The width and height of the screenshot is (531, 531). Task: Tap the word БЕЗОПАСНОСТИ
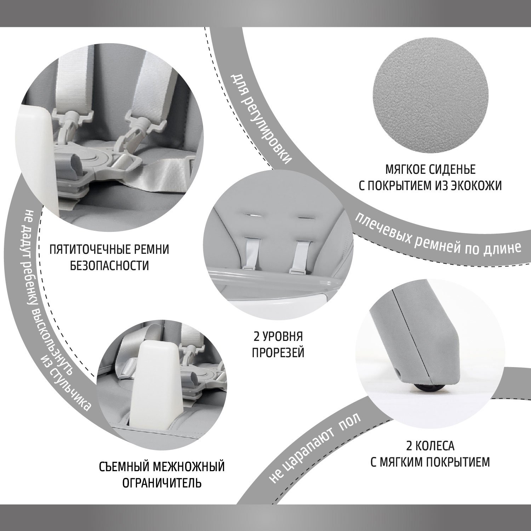(x=109, y=265)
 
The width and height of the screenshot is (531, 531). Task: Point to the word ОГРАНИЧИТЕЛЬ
(x=162, y=483)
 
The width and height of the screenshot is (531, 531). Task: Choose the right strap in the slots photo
(x=299, y=256)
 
